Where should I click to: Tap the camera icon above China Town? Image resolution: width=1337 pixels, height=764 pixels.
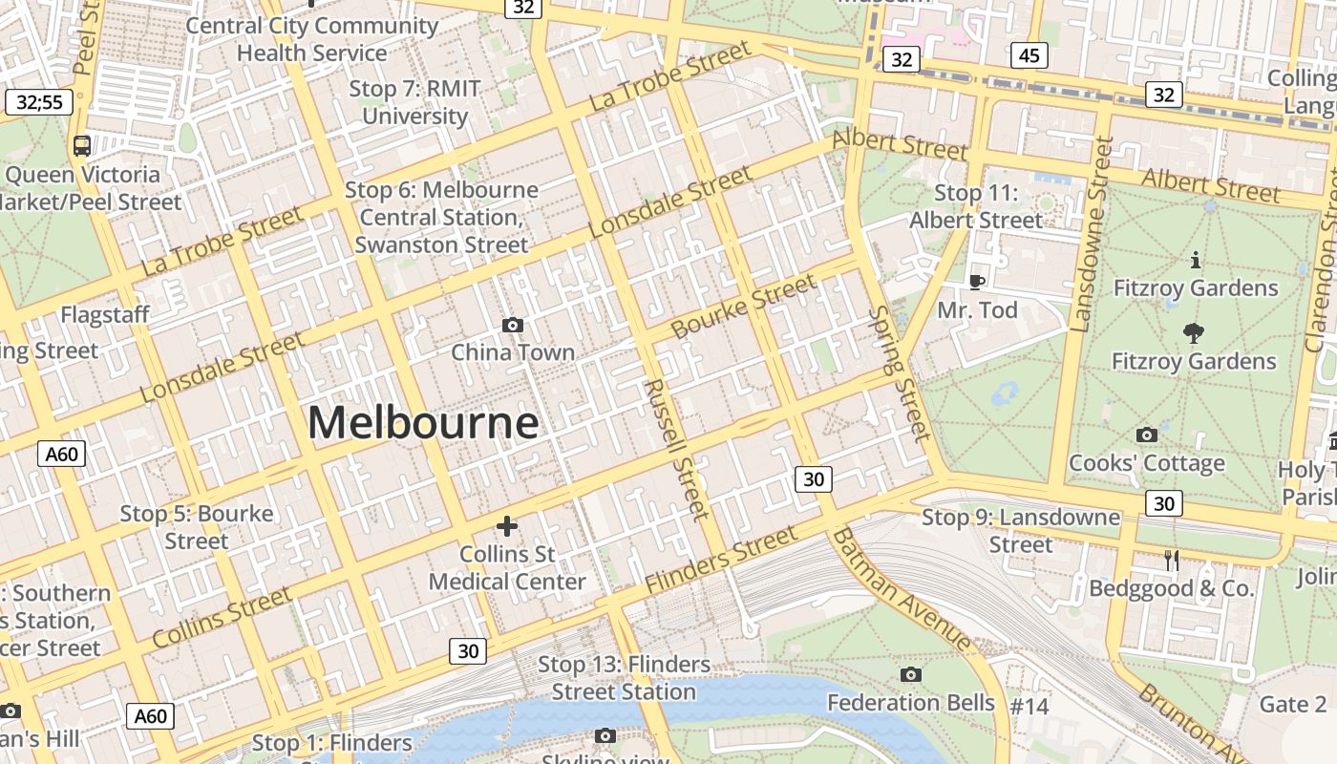(x=513, y=326)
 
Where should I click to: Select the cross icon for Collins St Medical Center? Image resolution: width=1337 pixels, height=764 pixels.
(x=507, y=526)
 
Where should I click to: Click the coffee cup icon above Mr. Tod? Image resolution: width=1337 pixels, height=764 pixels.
(x=976, y=282)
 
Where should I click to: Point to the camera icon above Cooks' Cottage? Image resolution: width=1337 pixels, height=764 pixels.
(x=1147, y=435)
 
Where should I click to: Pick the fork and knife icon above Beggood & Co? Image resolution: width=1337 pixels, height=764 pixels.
(x=1172, y=561)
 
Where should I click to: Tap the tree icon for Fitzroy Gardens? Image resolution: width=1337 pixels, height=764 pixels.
(x=1193, y=333)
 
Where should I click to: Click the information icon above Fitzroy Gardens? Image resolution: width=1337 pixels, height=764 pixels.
(x=1195, y=260)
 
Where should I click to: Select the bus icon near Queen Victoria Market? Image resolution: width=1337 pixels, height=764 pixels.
(x=82, y=146)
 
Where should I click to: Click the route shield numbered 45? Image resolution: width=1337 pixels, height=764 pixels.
(x=1029, y=55)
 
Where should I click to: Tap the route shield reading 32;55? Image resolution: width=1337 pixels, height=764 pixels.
(x=39, y=102)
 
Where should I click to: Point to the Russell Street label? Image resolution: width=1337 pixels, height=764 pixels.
(x=676, y=449)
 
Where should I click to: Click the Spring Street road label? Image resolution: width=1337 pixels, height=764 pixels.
(x=900, y=373)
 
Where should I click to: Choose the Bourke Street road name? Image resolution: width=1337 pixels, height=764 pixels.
(x=745, y=306)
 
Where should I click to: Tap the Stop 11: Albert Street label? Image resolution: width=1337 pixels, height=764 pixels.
(x=976, y=206)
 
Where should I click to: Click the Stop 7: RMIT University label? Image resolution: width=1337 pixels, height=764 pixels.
(x=414, y=102)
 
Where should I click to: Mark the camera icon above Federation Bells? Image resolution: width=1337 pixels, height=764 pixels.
(x=911, y=675)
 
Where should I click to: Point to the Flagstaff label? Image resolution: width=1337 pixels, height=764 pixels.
(x=105, y=315)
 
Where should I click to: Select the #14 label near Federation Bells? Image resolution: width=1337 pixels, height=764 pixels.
(x=1029, y=707)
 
